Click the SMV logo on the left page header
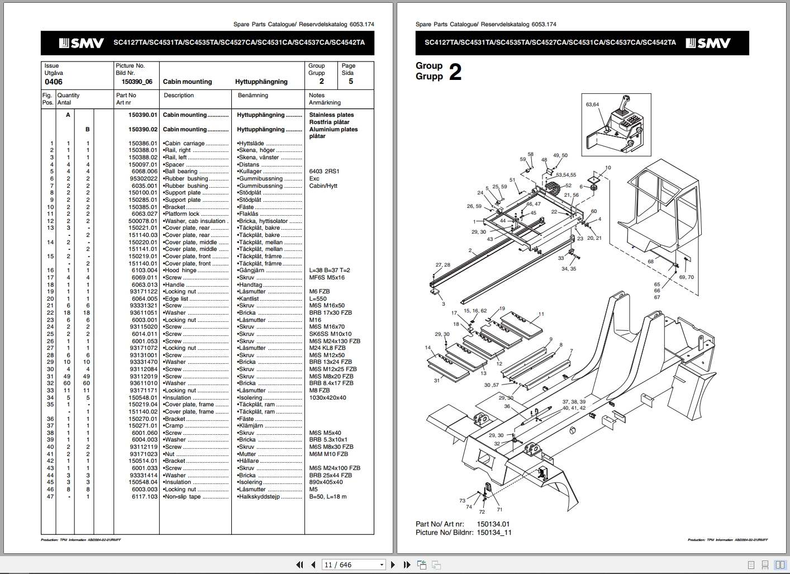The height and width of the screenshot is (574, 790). pyautogui.click(x=82, y=43)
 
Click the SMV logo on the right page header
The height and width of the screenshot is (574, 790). pyautogui.click(x=708, y=43)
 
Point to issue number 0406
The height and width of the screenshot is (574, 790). pyautogui.click(x=54, y=82)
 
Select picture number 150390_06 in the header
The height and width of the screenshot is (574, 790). pyautogui.click(x=137, y=82)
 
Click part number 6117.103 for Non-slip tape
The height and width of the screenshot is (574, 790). pyautogui.click(x=145, y=496)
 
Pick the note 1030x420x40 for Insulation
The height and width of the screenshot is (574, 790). pyautogui.click(x=327, y=397)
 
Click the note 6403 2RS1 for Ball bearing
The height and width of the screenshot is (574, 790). pyautogui.click(x=324, y=172)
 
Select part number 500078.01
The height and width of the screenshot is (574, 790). pyautogui.click(x=143, y=221)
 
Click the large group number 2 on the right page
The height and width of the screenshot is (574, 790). pyautogui.click(x=455, y=72)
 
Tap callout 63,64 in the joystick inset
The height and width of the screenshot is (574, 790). pyautogui.click(x=592, y=105)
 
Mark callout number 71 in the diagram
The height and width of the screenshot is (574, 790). pyautogui.click(x=499, y=509)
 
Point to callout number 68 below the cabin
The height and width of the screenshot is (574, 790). pyautogui.click(x=650, y=262)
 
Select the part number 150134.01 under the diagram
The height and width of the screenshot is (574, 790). pyautogui.click(x=493, y=524)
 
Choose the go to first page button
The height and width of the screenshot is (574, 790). pyautogui.click(x=299, y=564)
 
